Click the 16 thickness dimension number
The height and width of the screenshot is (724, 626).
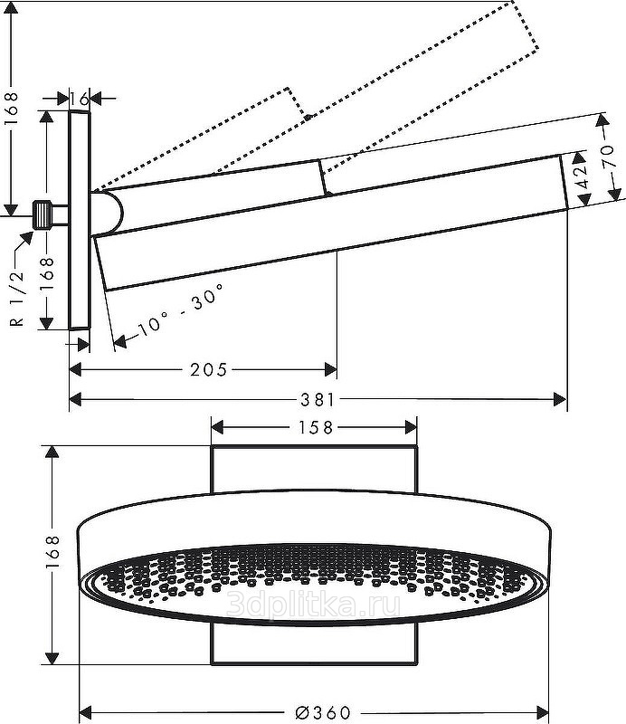coord(79,97)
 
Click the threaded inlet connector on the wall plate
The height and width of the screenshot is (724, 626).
coord(41,214)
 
